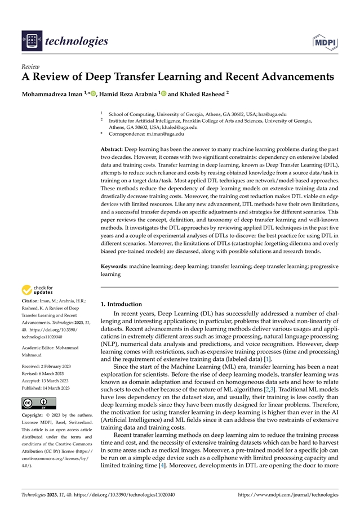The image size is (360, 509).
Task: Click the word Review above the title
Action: click(x=30, y=66)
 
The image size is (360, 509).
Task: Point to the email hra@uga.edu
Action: click(x=273, y=113)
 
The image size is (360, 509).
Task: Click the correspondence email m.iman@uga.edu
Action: click(x=162, y=134)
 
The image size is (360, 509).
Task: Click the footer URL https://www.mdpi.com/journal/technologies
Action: click(x=288, y=494)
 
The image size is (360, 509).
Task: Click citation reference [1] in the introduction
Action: click(x=268, y=359)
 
